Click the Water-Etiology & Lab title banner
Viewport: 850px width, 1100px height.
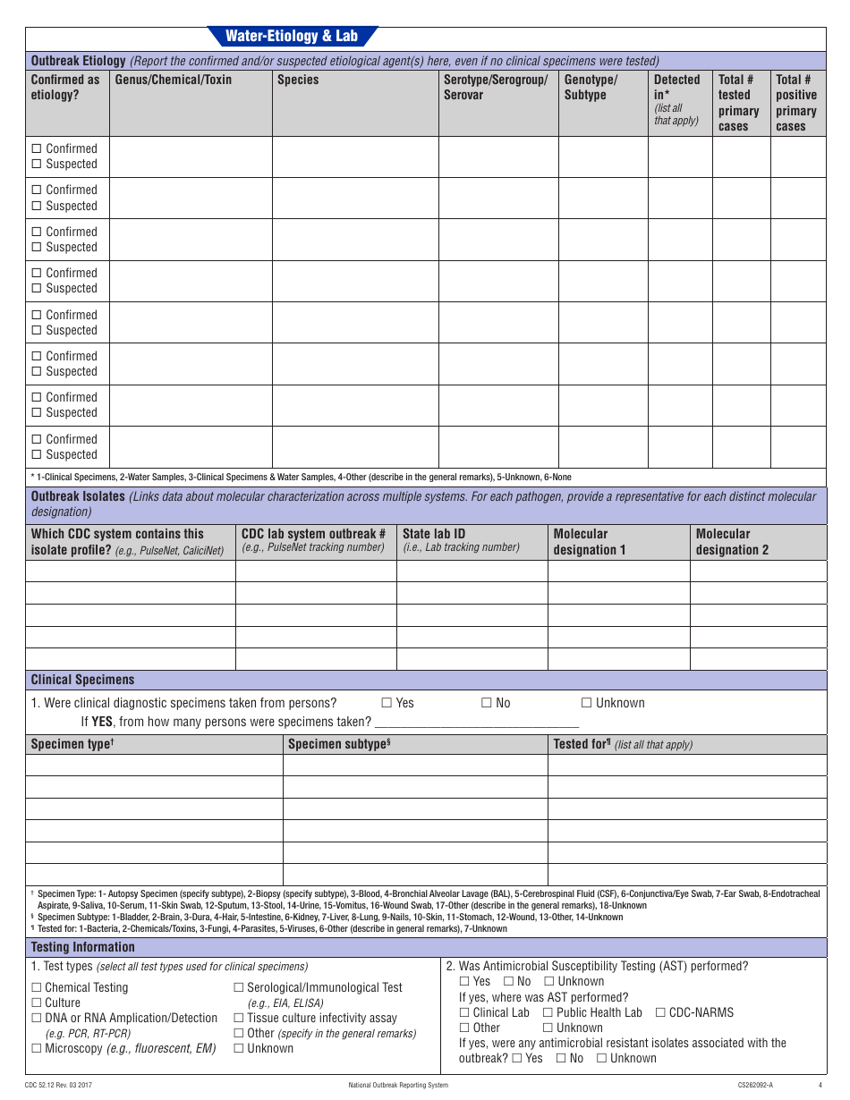pos(292,37)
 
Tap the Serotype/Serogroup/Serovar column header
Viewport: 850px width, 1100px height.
pos(496,88)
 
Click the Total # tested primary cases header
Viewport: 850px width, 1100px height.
pos(739,103)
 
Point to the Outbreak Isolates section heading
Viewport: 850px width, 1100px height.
pos(78,496)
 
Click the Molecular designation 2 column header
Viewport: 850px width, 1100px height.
pos(732,542)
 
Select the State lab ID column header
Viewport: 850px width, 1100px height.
pos(434,534)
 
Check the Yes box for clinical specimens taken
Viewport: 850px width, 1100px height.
pos(387,704)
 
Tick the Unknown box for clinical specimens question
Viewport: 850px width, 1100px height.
pos(587,704)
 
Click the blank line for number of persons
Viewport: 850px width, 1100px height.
pos(476,723)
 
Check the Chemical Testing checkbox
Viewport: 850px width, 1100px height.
pos(37,988)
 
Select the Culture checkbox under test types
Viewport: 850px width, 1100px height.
pos(37,1003)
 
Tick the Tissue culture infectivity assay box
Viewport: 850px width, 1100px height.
pos(239,1019)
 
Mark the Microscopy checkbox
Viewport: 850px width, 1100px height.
pos(37,1049)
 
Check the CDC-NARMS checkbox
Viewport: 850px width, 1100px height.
pos(660,1013)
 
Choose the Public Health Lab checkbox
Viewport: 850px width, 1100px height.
pos(548,1013)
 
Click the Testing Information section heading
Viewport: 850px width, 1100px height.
pos(83,947)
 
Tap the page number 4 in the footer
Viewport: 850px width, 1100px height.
pos(820,1086)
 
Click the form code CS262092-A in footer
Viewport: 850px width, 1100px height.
pos(755,1086)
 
